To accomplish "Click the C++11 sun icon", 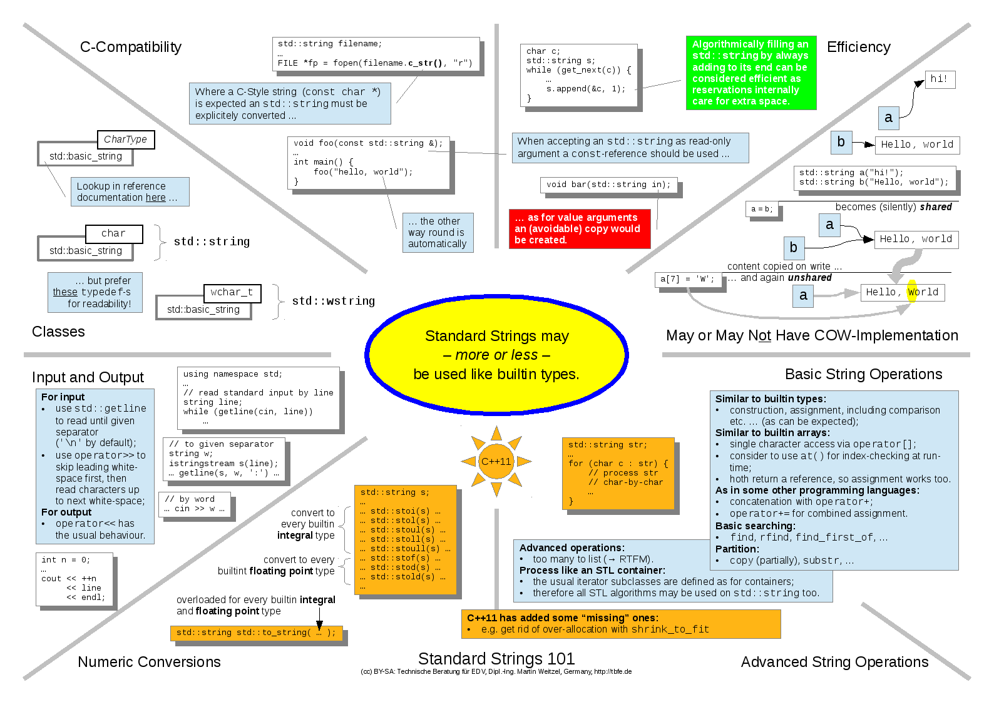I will point(496,462).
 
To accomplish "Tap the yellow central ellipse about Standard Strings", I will point(496,355).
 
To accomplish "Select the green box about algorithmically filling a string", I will point(751,73).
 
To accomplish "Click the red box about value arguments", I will point(579,228).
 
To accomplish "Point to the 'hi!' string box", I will point(940,79).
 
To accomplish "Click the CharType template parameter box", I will point(125,140).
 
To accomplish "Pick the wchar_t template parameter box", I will point(232,293).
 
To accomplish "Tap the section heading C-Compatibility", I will point(130,47).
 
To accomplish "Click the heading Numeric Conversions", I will point(149,662).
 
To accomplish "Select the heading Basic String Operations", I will point(863,374).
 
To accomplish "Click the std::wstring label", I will point(333,301).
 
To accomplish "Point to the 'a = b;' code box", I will point(762,209).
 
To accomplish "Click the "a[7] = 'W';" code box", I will point(687,279).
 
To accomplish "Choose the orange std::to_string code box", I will point(256,633).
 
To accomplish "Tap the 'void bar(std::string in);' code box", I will point(608,185).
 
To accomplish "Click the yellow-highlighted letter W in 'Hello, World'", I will point(912,292).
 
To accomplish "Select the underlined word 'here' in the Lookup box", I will point(155,198).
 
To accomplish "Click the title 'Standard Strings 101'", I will point(496,658).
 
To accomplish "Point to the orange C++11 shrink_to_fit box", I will point(620,624).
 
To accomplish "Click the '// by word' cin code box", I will point(195,504).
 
